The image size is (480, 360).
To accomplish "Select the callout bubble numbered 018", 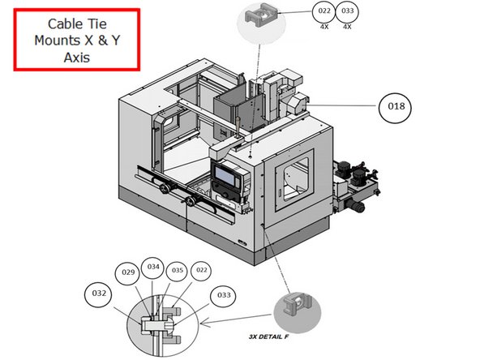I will (x=398, y=105).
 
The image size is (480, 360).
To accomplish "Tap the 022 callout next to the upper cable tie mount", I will (x=324, y=11).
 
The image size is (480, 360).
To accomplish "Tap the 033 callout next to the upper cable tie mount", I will (x=348, y=11).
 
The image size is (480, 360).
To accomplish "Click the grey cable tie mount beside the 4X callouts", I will (x=265, y=15).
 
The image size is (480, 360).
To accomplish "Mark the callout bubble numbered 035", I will (x=178, y=270).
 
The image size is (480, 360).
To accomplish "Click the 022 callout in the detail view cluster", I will (x=202, y=270).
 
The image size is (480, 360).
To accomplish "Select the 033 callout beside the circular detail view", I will (x=224, y=297).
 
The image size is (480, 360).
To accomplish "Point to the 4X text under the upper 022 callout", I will (x=324, y=26).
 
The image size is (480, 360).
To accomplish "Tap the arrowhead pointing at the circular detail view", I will (x=203, y=324).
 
